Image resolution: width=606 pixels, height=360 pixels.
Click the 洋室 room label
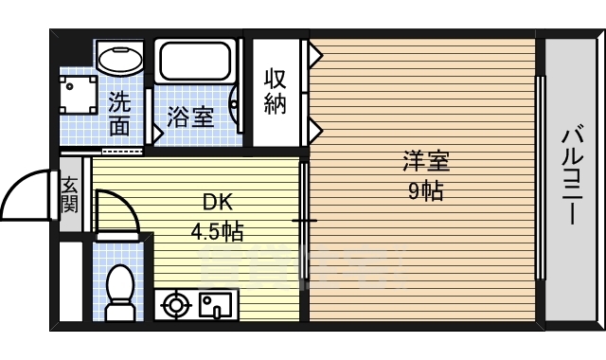423,161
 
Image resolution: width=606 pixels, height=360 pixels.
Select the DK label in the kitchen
217,203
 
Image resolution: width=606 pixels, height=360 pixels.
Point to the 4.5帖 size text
217,230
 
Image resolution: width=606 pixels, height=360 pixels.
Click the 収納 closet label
275,91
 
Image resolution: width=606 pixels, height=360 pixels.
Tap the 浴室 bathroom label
190,117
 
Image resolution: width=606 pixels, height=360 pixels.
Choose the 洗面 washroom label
119,112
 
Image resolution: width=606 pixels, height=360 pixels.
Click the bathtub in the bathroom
197,63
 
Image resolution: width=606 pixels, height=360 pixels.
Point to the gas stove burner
175,305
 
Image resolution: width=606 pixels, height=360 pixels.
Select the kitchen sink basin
215,305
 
